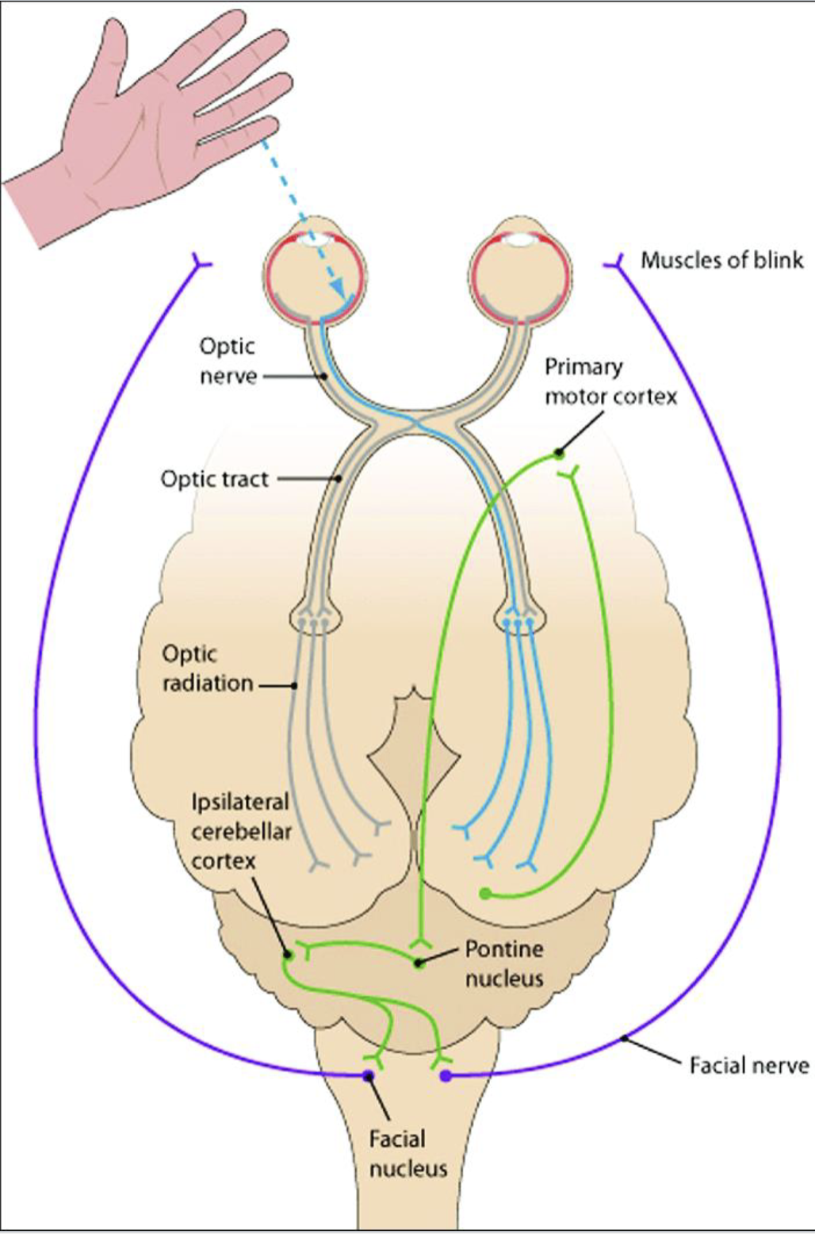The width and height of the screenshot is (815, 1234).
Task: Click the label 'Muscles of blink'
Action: click(721, 260)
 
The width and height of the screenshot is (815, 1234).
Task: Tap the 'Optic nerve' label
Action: click(228, 361)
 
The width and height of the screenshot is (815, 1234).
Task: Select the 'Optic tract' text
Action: click(215, 479)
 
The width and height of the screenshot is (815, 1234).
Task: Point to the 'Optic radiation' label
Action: click(208, 669)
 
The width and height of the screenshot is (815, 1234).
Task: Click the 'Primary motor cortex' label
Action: click(610, 381)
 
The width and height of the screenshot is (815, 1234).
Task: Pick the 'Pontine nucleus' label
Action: click(504, 963)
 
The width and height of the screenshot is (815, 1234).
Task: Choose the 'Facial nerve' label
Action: click(748, 1065)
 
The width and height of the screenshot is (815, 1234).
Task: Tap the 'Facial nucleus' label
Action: click(407, 1154)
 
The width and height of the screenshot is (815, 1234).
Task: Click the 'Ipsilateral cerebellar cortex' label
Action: click(240, 831)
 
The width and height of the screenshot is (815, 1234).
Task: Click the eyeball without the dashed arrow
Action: click(520, 274)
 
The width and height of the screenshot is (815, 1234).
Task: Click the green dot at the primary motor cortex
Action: click(559, 454)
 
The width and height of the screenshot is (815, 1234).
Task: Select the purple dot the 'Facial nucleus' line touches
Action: click(368, 1075)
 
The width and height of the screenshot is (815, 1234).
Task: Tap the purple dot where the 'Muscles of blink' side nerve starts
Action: click(446, 1075)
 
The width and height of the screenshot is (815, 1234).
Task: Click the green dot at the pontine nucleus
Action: click(419, 963)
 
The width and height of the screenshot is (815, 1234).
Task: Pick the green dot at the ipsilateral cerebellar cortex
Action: click(289, 954)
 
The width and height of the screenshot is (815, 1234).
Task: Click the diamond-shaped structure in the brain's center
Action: click(414, 753)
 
